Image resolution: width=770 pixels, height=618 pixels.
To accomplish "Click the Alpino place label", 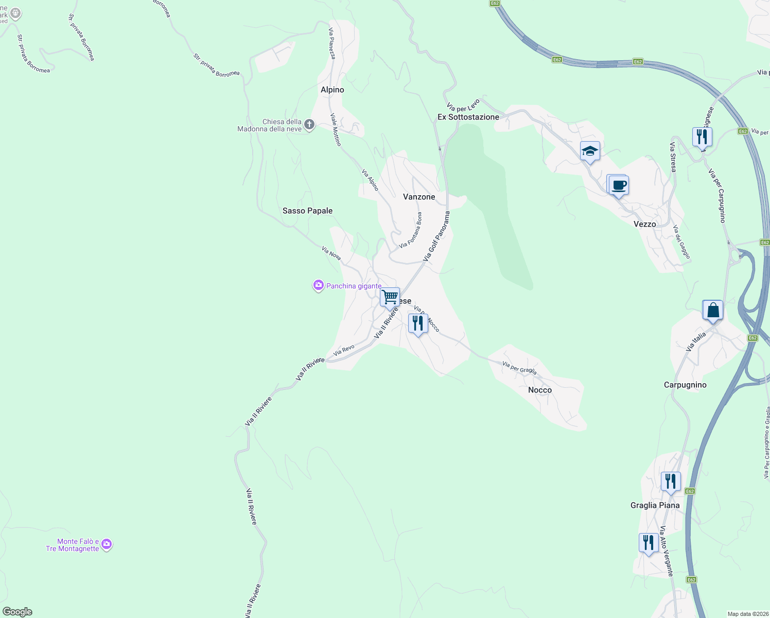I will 332,90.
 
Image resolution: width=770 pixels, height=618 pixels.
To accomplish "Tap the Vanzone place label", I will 419,197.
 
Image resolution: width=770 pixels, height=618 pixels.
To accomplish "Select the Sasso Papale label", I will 307,211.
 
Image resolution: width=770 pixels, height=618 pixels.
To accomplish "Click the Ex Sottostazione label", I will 468,117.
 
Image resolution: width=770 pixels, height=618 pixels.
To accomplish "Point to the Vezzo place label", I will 644,224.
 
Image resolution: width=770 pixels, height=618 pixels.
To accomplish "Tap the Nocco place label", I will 540,390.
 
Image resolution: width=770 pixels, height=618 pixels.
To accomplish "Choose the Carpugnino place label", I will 685,385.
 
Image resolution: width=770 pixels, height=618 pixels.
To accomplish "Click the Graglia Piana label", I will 655,505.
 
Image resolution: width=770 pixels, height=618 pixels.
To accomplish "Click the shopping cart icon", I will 390,297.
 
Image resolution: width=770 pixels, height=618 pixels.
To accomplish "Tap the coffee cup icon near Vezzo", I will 619,185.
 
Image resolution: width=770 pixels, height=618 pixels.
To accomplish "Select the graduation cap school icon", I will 590,151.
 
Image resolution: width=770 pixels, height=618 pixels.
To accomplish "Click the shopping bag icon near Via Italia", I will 713,311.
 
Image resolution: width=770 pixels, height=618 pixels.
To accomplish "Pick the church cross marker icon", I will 309,125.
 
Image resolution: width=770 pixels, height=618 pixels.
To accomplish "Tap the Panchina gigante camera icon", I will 318,285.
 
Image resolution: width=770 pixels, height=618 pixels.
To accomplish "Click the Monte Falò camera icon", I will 107,544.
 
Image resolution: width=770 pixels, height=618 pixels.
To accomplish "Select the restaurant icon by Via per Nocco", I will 418,323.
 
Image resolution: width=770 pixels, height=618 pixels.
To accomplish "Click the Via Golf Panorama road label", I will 436,236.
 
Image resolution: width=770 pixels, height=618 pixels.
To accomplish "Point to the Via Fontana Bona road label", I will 411,231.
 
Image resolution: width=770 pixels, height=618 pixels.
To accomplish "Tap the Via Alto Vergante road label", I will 667,551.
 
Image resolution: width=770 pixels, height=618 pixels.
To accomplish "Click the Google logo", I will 17,612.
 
